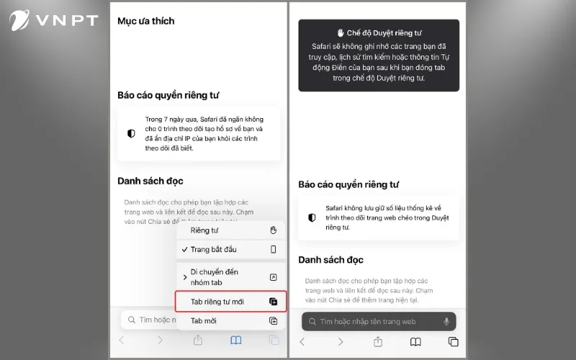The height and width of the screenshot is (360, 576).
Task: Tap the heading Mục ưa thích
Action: point(146,22)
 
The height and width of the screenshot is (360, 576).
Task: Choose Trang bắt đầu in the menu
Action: point(213,250)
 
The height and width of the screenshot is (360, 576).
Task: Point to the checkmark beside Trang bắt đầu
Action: point(184,250)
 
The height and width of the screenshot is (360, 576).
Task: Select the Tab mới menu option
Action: point(203,321)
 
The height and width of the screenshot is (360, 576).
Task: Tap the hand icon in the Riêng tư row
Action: point(273,230)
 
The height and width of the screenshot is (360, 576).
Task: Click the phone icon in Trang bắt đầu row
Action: point(273,250)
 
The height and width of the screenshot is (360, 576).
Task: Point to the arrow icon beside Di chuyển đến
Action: point(273,277)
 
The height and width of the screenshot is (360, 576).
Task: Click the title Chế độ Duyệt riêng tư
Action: point(379,33)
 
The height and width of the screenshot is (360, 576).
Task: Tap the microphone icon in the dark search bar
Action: point(447,322)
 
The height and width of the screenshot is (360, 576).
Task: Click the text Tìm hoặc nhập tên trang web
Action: point(368,322)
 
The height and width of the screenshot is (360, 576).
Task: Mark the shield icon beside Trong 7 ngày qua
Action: point(131,134)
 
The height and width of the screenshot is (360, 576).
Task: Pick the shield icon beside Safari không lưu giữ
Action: point(312,217)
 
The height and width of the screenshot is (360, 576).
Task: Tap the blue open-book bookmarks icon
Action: point(236,341)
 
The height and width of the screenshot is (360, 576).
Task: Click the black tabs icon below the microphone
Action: point(453,342)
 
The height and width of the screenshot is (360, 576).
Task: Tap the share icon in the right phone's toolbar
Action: point(377,341)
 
